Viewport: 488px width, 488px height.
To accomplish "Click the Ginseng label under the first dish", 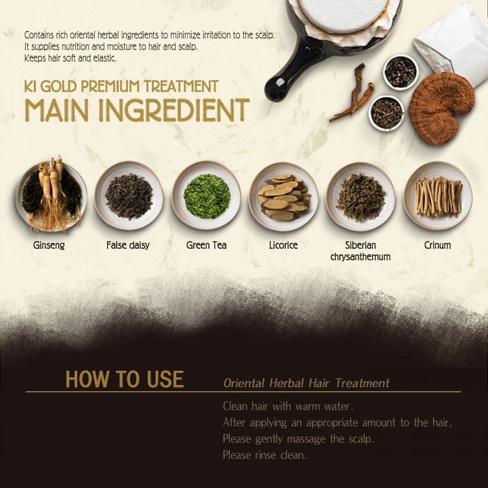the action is (x=49, y=245).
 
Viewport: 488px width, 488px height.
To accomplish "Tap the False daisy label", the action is (x=128, y=245).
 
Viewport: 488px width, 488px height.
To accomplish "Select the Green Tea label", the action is (x=206, y=245).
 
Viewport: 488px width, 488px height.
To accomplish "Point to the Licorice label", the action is (x=283, y=245).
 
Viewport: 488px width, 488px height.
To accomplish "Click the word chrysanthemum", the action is (x=361, y=257).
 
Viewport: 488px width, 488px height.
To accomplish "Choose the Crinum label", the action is (x=437, y=245).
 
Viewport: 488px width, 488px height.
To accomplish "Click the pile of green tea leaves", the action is (x=207, y=197).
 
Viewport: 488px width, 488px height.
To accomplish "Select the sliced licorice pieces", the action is (x=284, y=197).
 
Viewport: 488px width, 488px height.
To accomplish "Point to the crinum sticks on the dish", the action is (x=439, y=197).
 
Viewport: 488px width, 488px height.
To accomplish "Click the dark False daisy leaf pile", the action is (x=129, y=197).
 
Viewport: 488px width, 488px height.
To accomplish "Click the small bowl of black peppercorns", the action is (x=401, y=73).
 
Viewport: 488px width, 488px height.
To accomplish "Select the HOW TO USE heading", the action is (x=125, y=379).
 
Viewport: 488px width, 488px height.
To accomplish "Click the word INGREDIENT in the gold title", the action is (x=174, y=110).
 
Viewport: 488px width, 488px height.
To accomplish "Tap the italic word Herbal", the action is (x=286, y=383).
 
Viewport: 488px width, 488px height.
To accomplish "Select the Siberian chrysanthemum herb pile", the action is (x=361, y=197).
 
